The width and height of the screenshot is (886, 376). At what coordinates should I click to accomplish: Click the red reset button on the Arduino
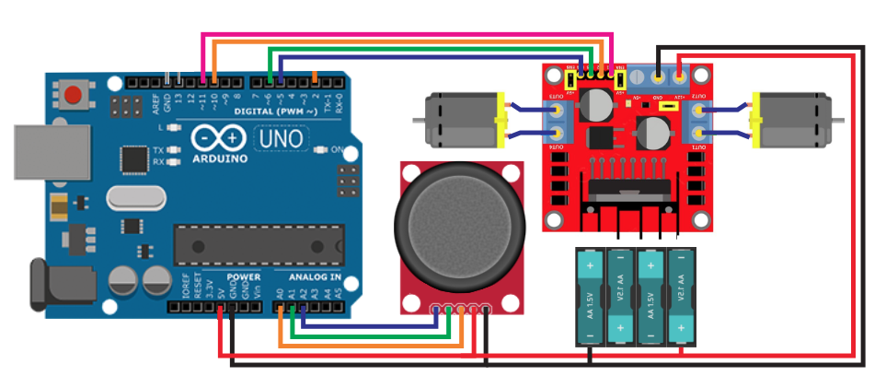coord(72,93)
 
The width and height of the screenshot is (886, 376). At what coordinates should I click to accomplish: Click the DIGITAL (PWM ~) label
coord(275,110)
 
